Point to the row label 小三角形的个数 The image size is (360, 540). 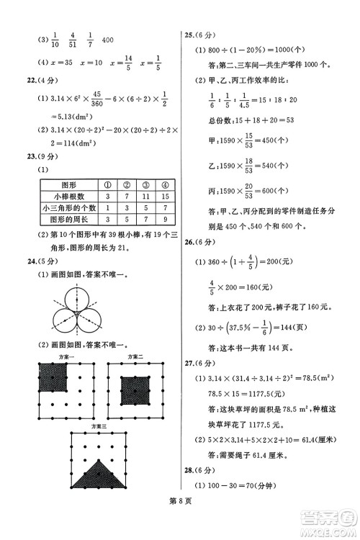click(69, 207)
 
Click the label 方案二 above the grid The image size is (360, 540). click(135, 357)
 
